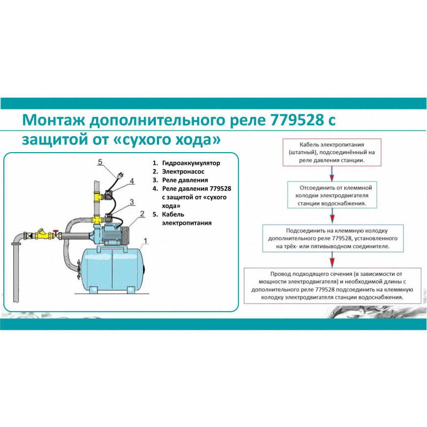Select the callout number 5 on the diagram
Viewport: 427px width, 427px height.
[100, 162]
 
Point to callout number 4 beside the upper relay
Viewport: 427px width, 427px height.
[132, 183]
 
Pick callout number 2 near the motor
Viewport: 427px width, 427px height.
[142, 214]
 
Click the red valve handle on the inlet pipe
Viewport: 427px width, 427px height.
[56, 232]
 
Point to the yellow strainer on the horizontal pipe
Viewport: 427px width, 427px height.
[40, 234]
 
